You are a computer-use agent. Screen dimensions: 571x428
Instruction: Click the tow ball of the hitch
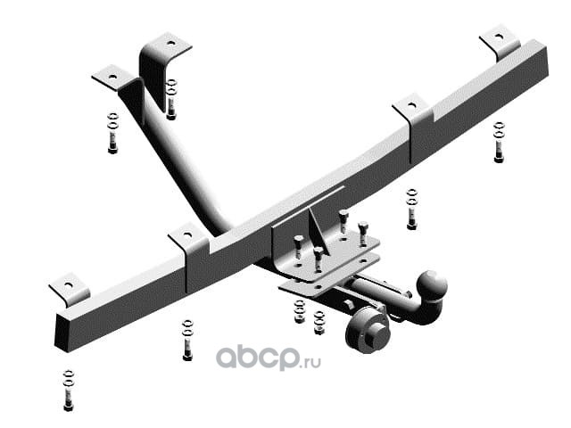[432, 286]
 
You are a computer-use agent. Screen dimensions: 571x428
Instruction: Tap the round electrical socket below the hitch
[367, 329]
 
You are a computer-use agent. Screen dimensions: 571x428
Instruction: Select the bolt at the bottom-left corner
[68, 391]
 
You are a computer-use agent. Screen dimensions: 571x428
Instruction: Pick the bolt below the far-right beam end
[499, 143]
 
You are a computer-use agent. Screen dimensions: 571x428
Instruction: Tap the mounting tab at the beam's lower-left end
[70, 290]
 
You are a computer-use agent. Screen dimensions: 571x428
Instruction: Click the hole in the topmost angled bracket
[170, 44]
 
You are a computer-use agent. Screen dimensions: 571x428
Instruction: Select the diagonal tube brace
[175, 152]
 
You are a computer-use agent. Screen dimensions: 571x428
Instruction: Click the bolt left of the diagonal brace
[113, 133]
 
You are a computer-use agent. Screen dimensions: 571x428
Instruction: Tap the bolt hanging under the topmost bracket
[170, 99]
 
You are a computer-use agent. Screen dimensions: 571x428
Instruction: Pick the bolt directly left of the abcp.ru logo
[187, 340]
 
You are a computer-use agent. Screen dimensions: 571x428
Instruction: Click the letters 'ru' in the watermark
[314, 362]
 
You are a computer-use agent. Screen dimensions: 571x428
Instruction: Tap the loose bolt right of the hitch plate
[411, 209]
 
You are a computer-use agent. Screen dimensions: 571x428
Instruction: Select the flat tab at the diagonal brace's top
[112, 78]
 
